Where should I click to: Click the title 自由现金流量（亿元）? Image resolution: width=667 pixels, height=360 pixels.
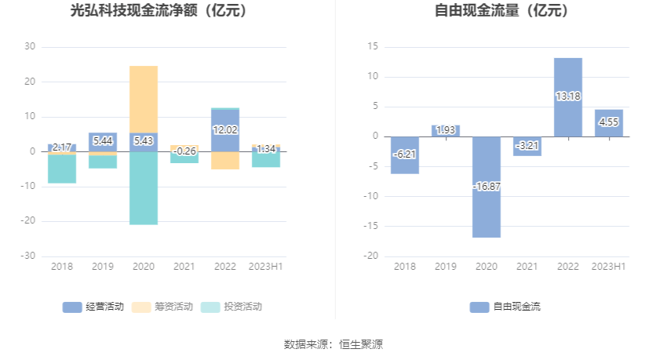[501, 11]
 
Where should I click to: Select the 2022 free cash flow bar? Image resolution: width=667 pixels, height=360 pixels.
[567, 96]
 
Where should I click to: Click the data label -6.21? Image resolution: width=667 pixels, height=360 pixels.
[405, 155]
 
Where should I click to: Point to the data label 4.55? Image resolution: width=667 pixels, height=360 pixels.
[609, 122]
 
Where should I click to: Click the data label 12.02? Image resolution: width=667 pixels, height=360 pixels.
[225, 130]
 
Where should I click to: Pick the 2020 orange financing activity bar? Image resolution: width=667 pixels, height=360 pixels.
[144, 99]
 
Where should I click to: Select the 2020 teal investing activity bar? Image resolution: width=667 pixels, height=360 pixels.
[144, 188]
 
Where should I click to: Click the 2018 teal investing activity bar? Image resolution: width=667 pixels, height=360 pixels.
[62, 169]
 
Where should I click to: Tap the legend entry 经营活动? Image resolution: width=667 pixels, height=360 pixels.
[93, 307]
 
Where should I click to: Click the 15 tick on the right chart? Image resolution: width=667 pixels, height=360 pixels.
[374, 47]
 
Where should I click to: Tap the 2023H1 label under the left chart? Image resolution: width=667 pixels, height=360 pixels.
[266, 267]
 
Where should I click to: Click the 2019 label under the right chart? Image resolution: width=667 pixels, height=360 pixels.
[446, 267]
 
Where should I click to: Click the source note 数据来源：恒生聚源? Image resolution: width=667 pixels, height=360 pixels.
[333, 344]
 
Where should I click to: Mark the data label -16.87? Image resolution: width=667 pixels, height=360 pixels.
[487, 187]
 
